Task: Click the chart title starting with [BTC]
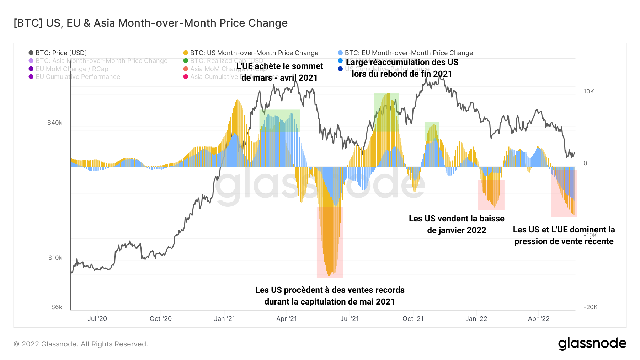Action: (x=150, y=23)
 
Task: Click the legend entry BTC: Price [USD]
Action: (x=61, y=53)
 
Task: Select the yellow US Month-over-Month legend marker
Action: (x=186, y=53)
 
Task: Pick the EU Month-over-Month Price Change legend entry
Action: (x=409, y=53)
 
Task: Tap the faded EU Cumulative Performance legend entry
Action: (x=78, y=77)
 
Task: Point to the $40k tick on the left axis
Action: (x=55, y=123)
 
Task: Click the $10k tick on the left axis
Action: (x=55, y=258)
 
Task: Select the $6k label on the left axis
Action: (x=57, y=307)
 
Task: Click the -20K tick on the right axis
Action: (x=590, y=307)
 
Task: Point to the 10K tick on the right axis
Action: (x=588, y=91)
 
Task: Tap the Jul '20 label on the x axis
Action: (x=97, y=319)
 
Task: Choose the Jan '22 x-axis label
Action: (x=476, y=319)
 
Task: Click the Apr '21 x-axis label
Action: (x=287, y=319)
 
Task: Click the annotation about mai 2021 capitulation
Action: (x=330, y=296)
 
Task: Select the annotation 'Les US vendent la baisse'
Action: (x=457, y=224)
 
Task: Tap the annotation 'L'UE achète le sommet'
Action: (x=280, y=72)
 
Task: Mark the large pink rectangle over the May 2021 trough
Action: (x=330, y=242)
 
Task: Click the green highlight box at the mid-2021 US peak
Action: (x=386, y=112)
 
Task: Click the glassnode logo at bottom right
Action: (x=592, y=344)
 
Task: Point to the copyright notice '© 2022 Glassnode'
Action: (x=81, y=344)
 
